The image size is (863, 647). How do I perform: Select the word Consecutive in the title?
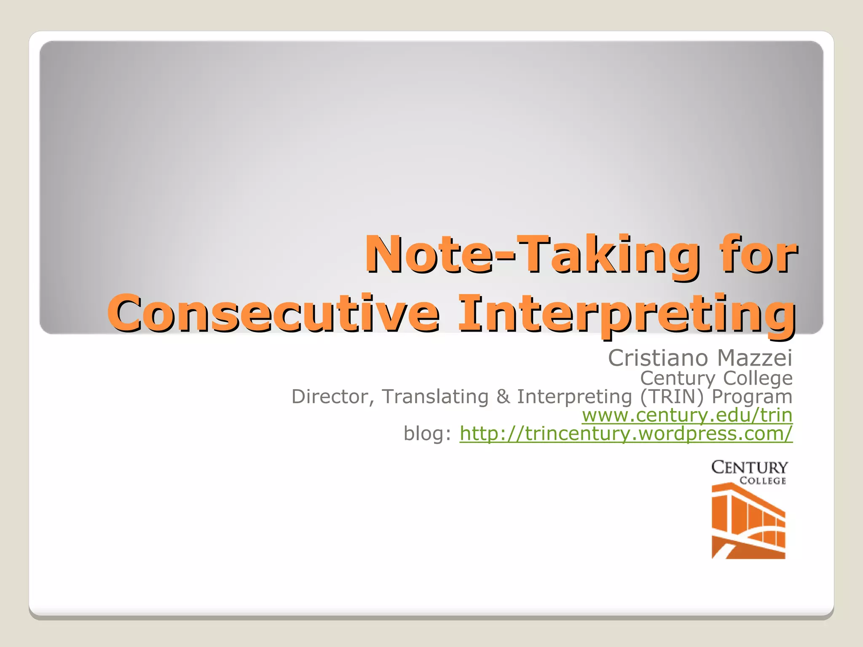274,314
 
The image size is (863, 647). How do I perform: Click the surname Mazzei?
755,358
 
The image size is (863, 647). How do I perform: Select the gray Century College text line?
716,378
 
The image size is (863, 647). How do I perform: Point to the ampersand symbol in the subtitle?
503,397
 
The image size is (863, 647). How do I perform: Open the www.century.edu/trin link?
687,415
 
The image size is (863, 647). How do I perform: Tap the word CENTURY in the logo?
749,468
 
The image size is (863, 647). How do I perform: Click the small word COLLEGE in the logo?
763,481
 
